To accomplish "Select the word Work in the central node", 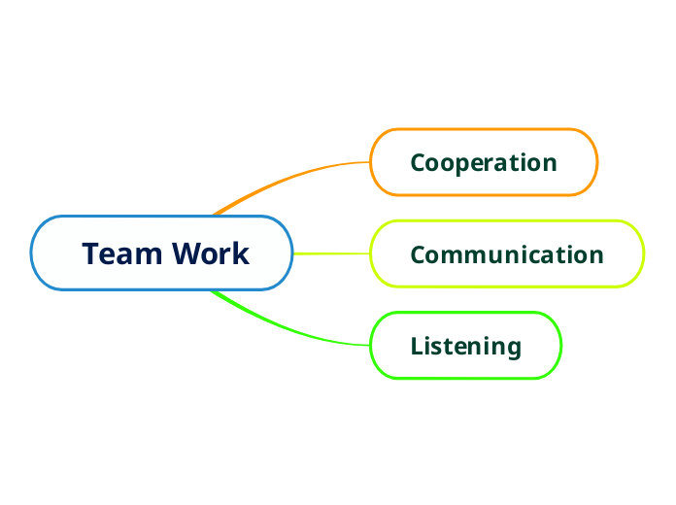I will pos(211,253).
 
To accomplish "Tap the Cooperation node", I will pos(484,162).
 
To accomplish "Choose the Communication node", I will pos(506,254).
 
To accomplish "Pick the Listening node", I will pos(465,346).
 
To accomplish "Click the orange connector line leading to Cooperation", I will pos(291,178).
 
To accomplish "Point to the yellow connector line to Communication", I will pos(330,253).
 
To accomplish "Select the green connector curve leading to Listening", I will pos(291,329).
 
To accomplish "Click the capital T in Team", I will pos(91,253).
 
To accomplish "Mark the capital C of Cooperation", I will pos(419,162).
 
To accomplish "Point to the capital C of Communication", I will pos(419,254).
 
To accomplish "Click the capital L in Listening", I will pos(417,346).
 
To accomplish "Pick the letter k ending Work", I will pos(242,253).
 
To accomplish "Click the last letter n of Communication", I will pos(596,255).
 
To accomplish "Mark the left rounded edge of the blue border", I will pos(32,252).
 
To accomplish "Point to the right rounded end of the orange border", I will pos(596,162).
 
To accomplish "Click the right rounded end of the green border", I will pos(561,345).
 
